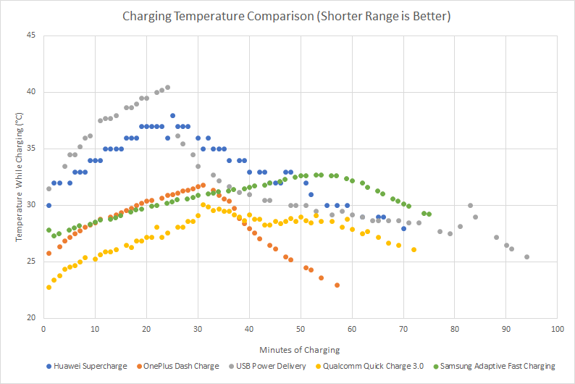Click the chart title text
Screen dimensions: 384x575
pos(287,15)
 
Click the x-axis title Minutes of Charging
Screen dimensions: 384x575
pos(301,350)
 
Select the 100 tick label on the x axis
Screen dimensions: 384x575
pos(557,329)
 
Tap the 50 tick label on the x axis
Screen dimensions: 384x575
pos(301,329)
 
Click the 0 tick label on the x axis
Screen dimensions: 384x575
pos(43,329)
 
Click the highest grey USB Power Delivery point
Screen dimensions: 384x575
pos(167,88)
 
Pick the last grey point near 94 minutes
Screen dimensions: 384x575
pos(526,256)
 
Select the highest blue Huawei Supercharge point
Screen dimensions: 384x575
pos(172,115)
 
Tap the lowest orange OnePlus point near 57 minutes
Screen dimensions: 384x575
pos(337,285)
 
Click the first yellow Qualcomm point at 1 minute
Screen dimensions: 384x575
pos(49,287)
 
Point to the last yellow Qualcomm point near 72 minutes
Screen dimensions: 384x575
pos(414,249)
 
